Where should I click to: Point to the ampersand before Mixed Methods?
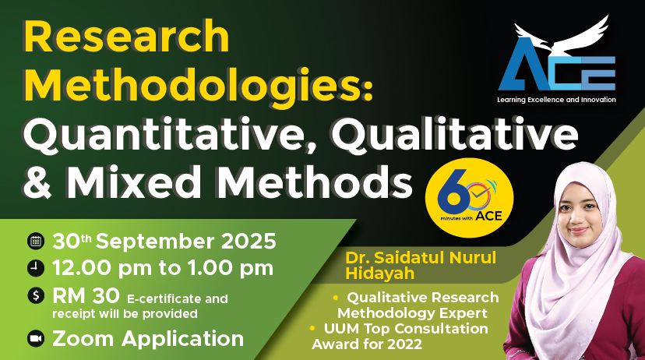(x=38, y=182)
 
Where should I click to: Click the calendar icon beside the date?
(x=36, y=242)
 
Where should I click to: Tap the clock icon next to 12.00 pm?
(x=36, y=268)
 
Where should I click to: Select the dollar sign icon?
(x=36, y=295)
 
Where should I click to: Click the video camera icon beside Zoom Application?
(x=36, y=339)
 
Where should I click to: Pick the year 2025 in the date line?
(x=248, y=242)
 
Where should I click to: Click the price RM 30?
(x=86, y=295)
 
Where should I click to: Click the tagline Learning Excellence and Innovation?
(x=556, y=100)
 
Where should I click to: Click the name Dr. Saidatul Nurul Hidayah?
(x=421, y=266)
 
